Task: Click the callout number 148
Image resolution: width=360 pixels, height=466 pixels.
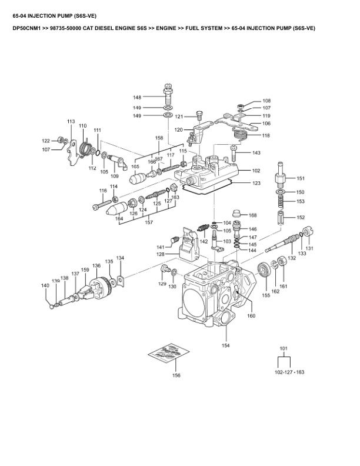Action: (137, 97)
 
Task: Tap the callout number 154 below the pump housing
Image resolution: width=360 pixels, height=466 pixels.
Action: (226, 345)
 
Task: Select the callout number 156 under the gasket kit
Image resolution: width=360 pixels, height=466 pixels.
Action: (176, 375)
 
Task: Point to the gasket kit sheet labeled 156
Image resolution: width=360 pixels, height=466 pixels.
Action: (169, 352)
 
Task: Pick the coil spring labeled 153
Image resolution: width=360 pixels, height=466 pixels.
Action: (281, 201)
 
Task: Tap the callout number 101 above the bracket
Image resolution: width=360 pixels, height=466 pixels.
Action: (284, 348)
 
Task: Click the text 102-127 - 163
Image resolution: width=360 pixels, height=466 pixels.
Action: (289, 372)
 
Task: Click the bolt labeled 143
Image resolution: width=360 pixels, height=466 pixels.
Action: (233, 154)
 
